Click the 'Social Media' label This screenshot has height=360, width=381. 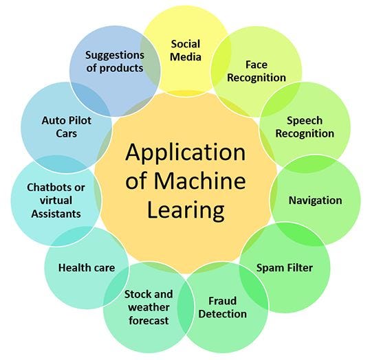pos(186,49)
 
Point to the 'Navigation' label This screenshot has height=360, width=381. pos(315,201)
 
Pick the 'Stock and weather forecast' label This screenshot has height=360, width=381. pos(148,307)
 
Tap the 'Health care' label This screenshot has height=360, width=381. pos(86,267)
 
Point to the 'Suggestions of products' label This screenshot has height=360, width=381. pos(114,60)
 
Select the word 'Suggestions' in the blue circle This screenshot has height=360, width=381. pos(114,54)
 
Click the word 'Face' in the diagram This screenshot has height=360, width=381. pos(256,64)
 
